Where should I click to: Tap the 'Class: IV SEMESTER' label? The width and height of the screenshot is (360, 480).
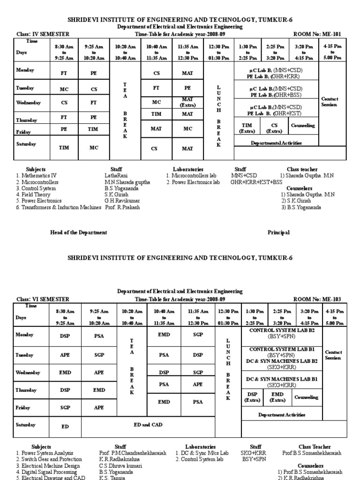43,34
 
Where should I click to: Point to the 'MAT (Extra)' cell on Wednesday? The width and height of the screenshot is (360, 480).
187,102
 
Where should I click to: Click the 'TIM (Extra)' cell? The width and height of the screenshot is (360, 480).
247,128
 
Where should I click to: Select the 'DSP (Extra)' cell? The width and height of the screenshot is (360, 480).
252,397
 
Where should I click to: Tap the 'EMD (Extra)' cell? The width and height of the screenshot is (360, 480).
277,397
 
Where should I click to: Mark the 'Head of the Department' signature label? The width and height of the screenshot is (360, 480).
78,232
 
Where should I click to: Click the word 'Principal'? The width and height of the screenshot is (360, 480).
278,232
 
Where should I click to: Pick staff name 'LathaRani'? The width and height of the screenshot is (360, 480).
116,176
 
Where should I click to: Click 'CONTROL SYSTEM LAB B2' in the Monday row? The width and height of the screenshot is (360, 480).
282,330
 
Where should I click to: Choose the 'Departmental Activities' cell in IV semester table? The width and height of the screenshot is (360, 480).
276,143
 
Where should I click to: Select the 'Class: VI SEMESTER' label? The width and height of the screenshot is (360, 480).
43,299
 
